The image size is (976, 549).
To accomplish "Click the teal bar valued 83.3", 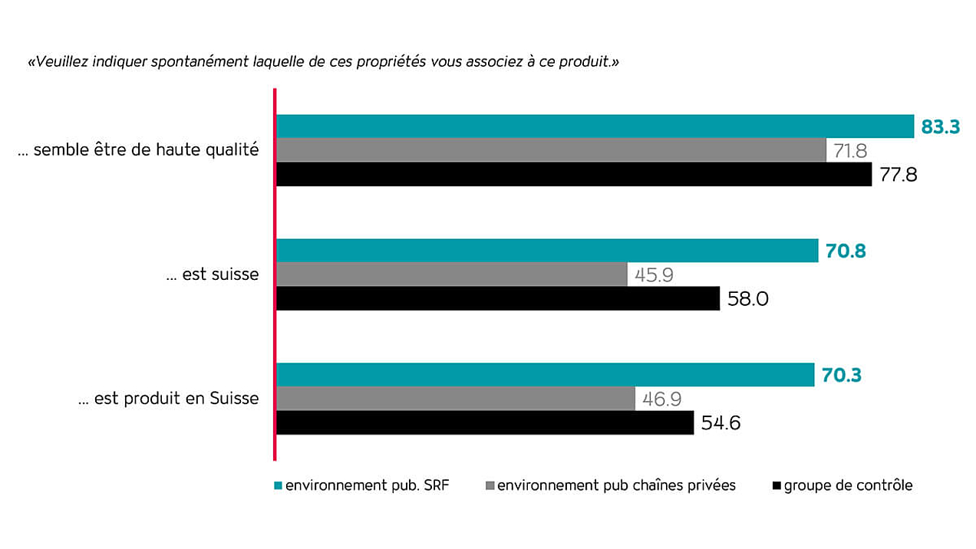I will pyautogui.click(x=595, y=127).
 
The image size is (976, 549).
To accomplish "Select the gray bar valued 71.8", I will pyautogui.click(x=551, y=150).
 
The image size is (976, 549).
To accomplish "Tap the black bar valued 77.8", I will pyautogui.click(x=573, y=174).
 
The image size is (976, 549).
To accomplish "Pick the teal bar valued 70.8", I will pyautogui.click(x=547, y=251).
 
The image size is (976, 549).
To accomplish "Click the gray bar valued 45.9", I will pyautogui.click(x=451, y=274).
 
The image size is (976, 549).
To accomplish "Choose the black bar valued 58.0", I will pyautogui.click(x=497, y=298).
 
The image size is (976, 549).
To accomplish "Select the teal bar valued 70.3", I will pyautogui.click(x=545, y=375).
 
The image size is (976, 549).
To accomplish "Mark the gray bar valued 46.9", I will pyautogui.click(x=455, y=399).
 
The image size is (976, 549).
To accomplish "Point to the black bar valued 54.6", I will pyautogui.click(x=485, y=422).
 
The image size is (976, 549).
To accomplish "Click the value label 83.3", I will pyautogui.click(x=941, y=127).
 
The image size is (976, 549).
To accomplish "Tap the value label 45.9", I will pyautogui.click(x=654, y=274).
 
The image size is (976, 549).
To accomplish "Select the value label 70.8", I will pyautogui.click(x=846, y=251).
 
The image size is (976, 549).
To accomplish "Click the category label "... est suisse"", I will pyautogui.click(x=213, y=274).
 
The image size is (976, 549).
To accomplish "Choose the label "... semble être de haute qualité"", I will pyautogui.click(x=139, y=150).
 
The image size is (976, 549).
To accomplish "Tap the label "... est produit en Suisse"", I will pyautogui.click(x=169, y=399).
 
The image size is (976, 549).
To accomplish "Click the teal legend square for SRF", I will pyautogui.click(x=279, y=485).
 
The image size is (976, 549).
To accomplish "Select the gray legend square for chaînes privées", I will pyautogui.click(x=490, y=485).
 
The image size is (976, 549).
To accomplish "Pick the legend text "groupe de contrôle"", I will pyautogui.click(x=848, y=485).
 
